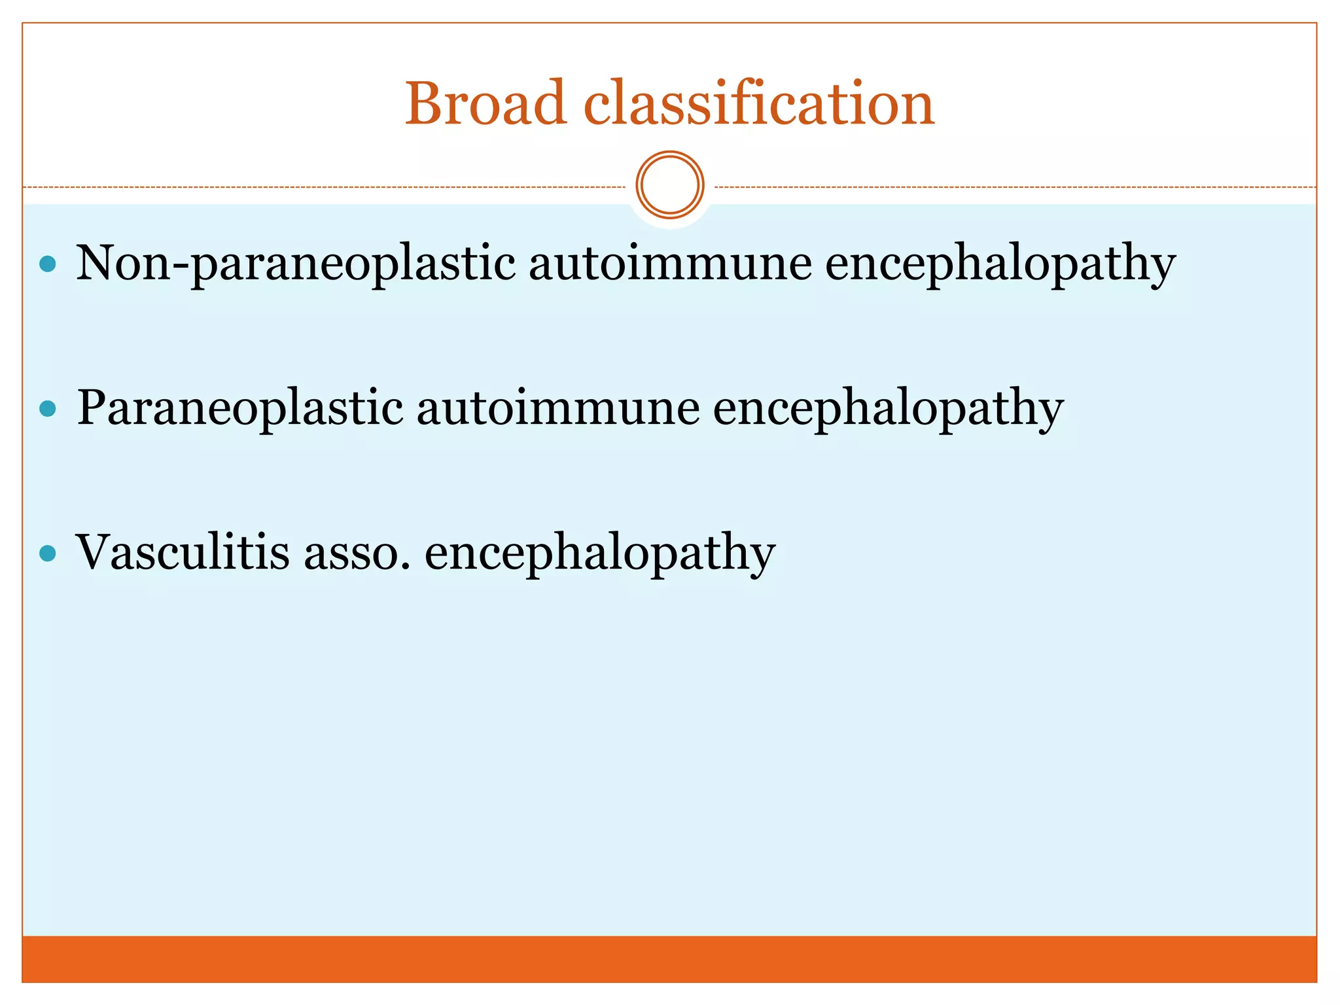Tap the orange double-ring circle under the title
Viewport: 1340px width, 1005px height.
tap(669, 185)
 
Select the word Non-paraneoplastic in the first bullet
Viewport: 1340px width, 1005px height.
tap(296, 264)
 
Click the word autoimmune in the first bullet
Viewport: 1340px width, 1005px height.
tap(670, 264)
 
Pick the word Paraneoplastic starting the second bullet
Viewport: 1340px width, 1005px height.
tap(240, 408)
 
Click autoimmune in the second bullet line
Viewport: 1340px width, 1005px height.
tap(557, 408)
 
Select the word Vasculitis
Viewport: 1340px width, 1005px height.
tap(183, 553)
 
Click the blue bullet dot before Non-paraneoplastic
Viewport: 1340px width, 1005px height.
tap(48, 264)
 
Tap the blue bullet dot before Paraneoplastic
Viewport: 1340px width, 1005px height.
tap(48, 409)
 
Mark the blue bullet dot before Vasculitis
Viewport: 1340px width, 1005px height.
tap(48, 554)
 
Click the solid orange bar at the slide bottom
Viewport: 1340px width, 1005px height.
tap(669, 959)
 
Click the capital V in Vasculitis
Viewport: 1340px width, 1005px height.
tap(99, 553)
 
